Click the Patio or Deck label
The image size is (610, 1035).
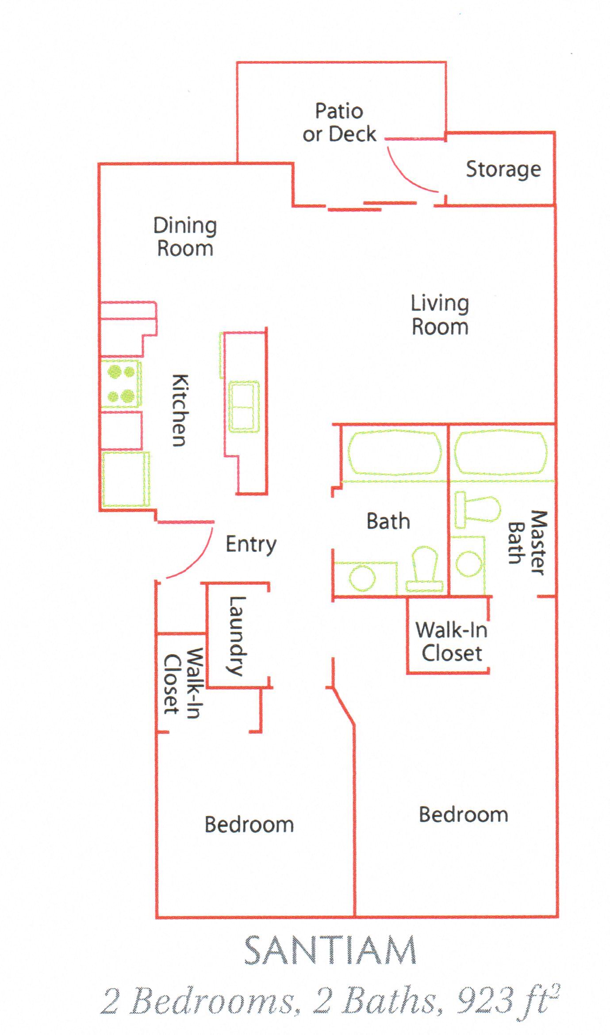click(339, 123)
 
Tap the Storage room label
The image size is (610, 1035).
click(503, 169)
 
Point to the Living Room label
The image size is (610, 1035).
click(440, 315)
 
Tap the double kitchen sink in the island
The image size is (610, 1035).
click(244, 406)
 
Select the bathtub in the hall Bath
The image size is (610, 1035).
click(394, 452)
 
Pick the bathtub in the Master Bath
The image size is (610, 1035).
click(501, 452)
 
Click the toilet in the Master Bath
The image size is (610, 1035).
click(478, 509)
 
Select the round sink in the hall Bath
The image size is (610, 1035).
click(362, 578)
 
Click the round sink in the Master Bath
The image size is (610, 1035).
click(469, 563)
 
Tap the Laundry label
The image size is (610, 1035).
click(237, 636)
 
